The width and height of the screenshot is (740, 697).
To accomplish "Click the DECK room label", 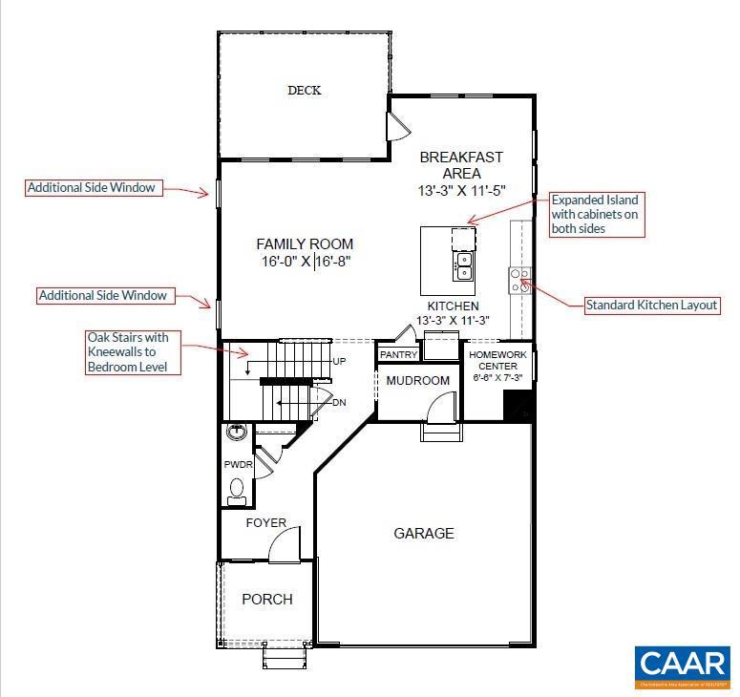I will tap(305, 91).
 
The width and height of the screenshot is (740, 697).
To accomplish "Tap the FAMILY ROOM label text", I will tap(305, 244).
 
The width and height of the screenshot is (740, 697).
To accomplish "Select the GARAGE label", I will tap(424, 533).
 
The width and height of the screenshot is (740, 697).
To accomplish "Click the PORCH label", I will tap(266, 600).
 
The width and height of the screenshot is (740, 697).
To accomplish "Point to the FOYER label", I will tap(265, 523).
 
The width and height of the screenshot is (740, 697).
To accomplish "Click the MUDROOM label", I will tap(417, 381).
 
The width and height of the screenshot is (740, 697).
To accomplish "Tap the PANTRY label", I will tap(398, 354).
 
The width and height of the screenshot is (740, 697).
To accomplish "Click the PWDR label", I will tap(237, 464).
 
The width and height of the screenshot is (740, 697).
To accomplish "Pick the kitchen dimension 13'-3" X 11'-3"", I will tap(453, 320).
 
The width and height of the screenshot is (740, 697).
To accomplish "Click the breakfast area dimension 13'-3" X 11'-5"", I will tap(461, 191).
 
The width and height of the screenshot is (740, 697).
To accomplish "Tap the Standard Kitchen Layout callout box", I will tap(652, 306).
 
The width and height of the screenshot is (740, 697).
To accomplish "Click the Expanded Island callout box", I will tap(594, 215).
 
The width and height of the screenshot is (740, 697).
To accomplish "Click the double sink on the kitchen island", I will tap(464, 265).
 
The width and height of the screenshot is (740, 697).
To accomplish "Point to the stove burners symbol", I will tap(520, 278).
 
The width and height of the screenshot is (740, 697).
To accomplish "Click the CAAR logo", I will tap(683, 665).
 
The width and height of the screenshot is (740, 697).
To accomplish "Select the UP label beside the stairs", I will tap(339, 362).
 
